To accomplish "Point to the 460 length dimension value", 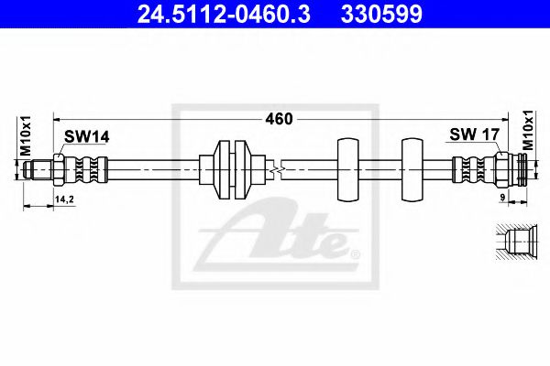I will pos(278,118).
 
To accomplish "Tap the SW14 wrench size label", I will pos(86,136).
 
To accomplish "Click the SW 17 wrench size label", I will pos(474,135).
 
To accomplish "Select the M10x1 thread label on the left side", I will pos(26,137).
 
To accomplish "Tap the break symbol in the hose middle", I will pos(276,169).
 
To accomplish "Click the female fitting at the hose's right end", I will pos(513,169).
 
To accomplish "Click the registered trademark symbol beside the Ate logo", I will pos(356,250).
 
